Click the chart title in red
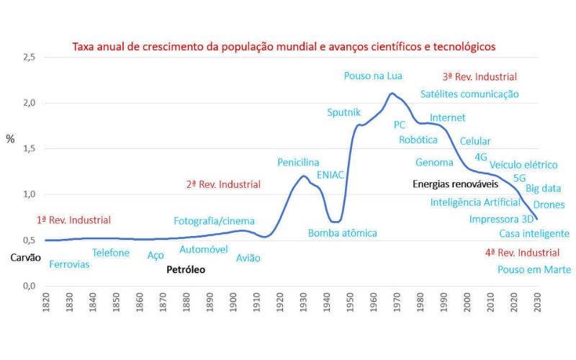pyautogui.click(x=284, y=47)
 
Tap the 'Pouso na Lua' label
pyautogui.click(x=373, y=76)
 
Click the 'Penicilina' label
pyautogui.click(x=298, y=163)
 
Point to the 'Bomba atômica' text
pyautogui.click(x=343, y=233)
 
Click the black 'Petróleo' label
pyautogui.click(x=186, y=270)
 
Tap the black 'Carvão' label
pyautogui.click(x=26, y=257)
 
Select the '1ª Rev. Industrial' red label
pyautogui.click(x=73, y=220)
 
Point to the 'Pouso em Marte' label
pyautogui.click(x=534, y=270)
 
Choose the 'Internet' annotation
pyautogui.click(x=448, y=117)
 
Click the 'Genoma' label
pyautogui.click(x=434, y=163)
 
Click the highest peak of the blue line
pyautogui.click(x=392, y=93)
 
